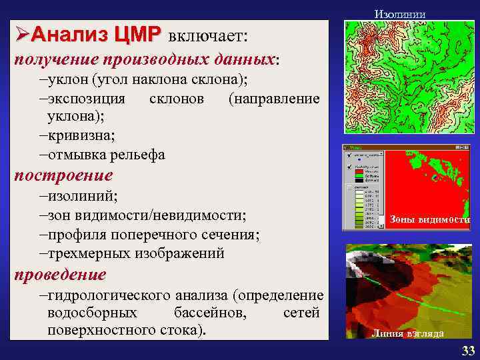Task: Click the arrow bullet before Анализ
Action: [20, 34]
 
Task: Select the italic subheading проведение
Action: [61, 274]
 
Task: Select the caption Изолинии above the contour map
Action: [399, 13]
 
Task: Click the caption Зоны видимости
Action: [429, 219]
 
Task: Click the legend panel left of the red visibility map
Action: [363, 188]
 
